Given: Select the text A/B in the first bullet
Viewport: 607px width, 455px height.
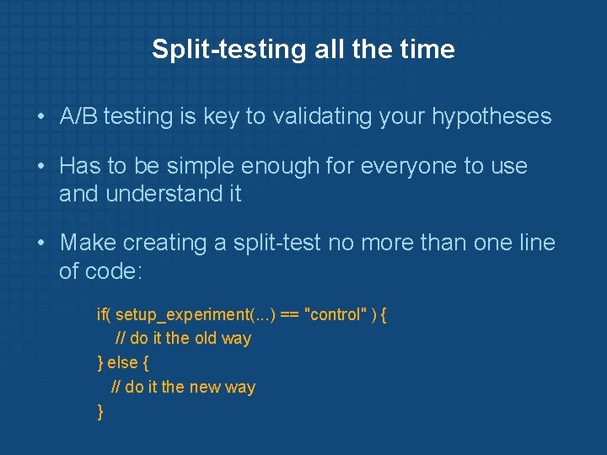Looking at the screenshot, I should (x=78, y=116).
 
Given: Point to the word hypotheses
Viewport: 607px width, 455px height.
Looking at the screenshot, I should (x=492, y=116).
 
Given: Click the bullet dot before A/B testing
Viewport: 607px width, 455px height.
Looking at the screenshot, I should (x=40, y=117).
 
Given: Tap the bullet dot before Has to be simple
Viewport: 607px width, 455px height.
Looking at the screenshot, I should (x=40, y=166).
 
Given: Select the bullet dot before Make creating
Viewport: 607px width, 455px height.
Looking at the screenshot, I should (x=40, y=244).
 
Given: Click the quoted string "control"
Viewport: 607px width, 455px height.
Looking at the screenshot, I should (x=335, y=314).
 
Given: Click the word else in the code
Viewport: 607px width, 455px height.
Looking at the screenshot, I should (x=123, y=363).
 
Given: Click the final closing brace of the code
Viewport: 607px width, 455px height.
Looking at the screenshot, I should (x=100, y=412).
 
